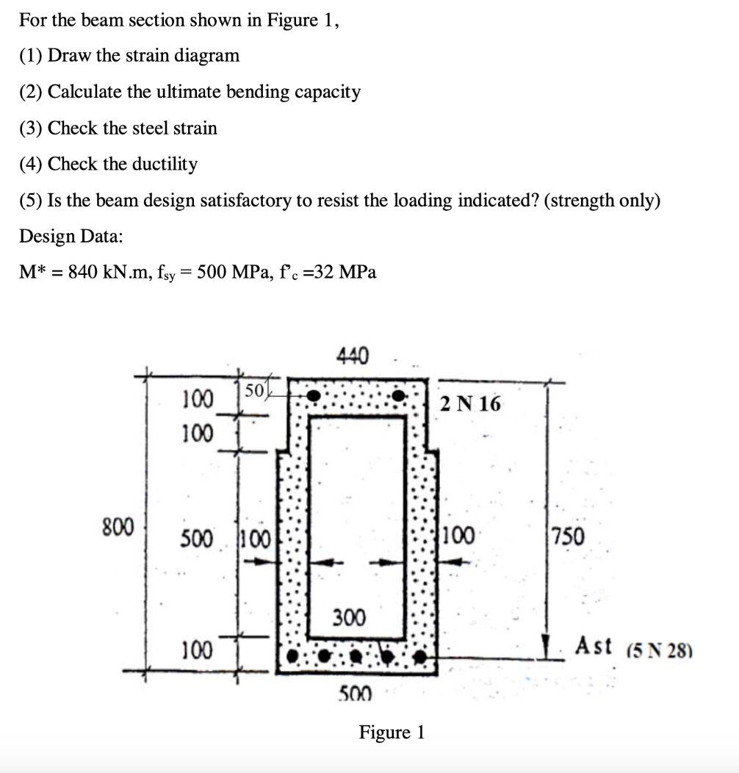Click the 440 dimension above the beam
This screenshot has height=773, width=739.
pos(353,356)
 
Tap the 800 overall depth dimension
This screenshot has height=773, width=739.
pos(118,526)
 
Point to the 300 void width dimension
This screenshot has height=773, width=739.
pos(348,618)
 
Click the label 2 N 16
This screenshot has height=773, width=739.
pos(470,403)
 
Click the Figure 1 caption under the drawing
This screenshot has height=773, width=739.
pos(392,732)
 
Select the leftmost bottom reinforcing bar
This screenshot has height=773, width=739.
pos(294,653)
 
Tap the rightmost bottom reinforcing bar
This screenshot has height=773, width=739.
pos(421,653)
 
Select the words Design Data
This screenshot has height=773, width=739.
pos(71,236)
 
